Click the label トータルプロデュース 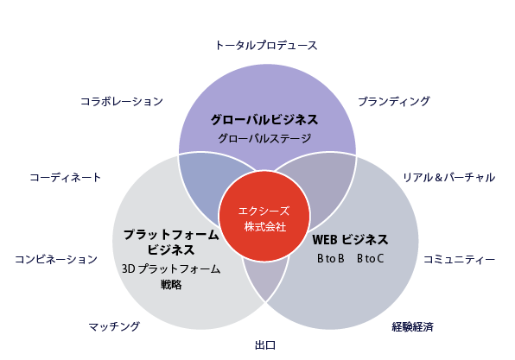click(x=266, y=45)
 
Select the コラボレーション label click(x=122, y=101)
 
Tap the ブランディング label click(x=394, y=101)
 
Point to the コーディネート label click(x=66, y=178)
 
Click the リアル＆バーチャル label click(x=449, y=178)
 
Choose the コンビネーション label click(x=56, y=260)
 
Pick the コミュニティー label click(x=459, y=260)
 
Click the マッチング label click(x=114, y=326)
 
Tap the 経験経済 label click(x=413, y=327)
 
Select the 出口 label click(x=265, y=345)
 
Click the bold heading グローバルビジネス click(x=264, y=120)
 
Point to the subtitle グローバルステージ click(x=264, y=138)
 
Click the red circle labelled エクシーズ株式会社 click(x=264, y=216)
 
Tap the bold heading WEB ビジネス click(x=350, y=239)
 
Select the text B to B click(x=331, y=259)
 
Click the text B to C click(x=370, y=259)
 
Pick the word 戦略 click(x=171, y=285)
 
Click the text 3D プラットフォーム click(x=171, y=269)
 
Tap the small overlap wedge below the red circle click(x=266, y=277)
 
